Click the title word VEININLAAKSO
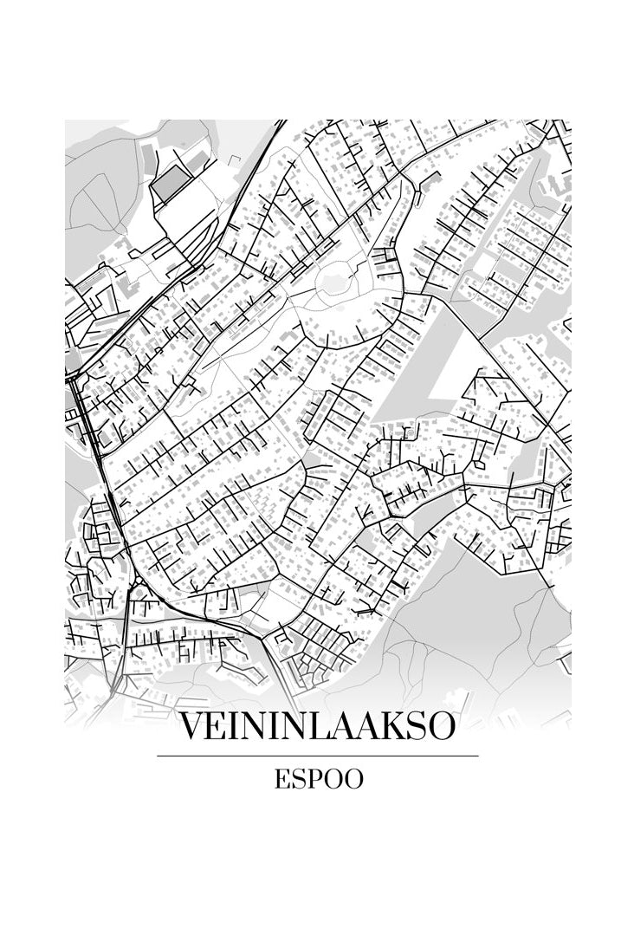coord(317,726)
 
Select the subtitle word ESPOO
coord(319,779)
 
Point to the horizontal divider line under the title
coord(317,756)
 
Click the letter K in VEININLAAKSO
coord(385,726)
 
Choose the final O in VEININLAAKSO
coord(439,726)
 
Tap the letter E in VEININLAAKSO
coord(214,726)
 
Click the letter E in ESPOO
coord(282,779)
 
